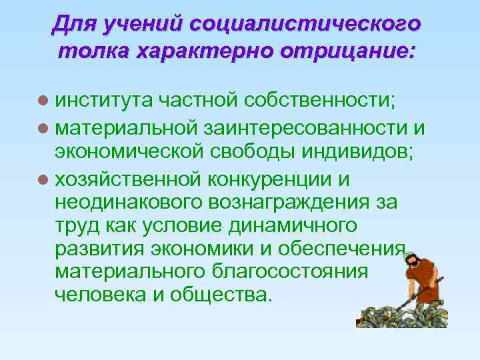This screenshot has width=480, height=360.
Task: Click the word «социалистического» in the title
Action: pos(305,25)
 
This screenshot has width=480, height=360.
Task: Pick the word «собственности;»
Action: pos(319,101)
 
